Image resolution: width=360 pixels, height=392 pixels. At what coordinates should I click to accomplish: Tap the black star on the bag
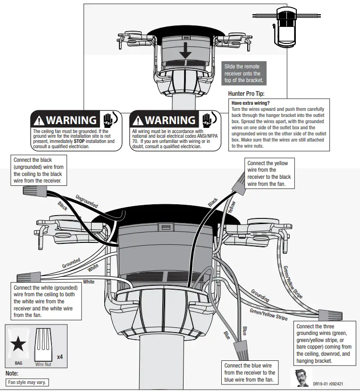point(18,345)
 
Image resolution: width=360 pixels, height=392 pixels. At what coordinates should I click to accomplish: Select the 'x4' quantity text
point(60,357)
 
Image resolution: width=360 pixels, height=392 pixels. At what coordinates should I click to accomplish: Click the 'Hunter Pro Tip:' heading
point(249,94)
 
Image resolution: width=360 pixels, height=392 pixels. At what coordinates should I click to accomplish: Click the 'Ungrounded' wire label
point(86,201)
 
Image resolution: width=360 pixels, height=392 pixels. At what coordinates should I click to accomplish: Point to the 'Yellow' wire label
point(231,207)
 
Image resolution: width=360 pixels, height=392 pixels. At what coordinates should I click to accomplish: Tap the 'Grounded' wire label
point(71,263)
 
